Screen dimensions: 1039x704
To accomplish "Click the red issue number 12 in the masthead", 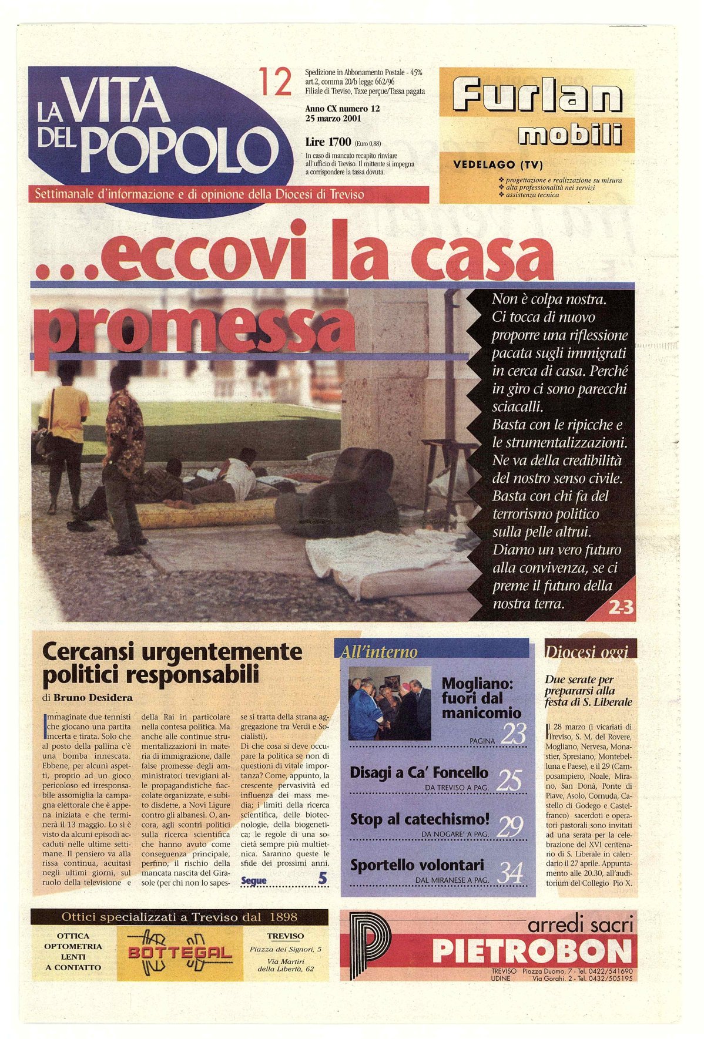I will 275,83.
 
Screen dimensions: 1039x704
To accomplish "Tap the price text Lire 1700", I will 328,142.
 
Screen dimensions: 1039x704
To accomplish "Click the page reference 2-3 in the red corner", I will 621,607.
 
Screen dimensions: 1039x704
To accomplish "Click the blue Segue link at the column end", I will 254,880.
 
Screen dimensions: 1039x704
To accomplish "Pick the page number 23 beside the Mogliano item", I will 513,734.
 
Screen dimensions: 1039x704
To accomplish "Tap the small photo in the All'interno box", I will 390,702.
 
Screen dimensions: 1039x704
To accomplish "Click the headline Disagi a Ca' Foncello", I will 419,772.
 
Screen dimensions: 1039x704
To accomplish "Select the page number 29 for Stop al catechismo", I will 509,826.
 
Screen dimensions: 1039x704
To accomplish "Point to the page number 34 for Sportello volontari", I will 509,873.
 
